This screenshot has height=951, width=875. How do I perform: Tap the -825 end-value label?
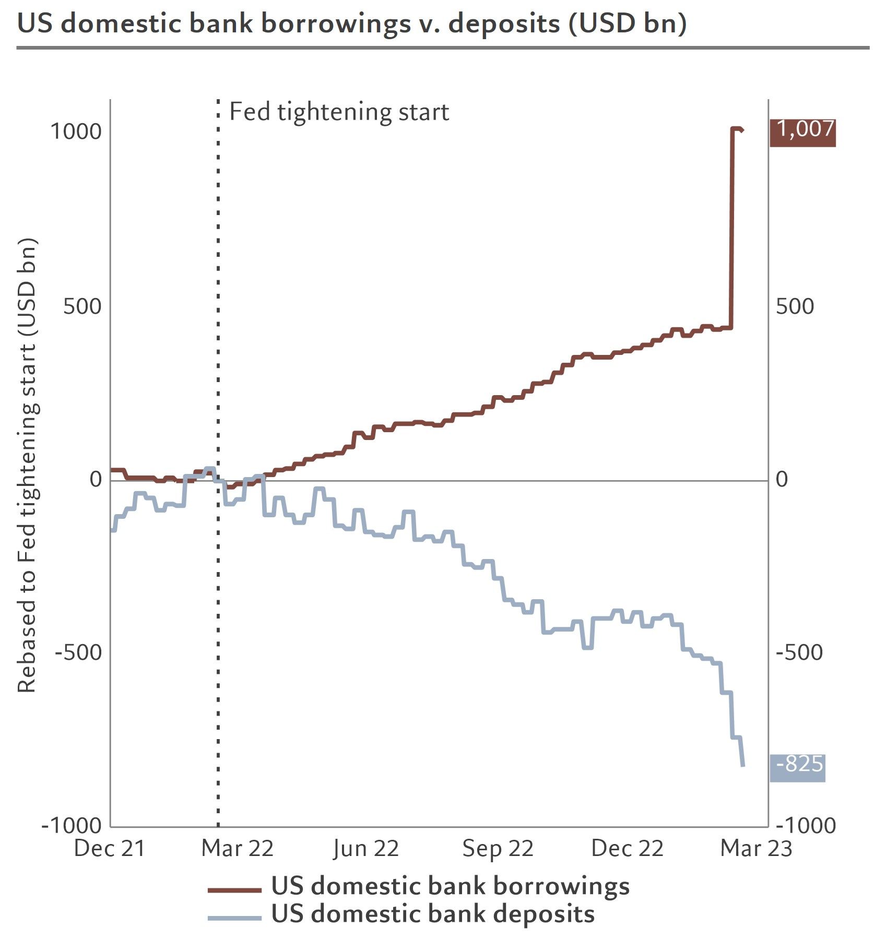797,765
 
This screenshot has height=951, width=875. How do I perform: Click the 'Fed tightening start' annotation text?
339,112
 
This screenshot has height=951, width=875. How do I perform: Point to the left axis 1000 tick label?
76,132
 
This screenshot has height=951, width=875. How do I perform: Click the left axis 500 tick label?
82,306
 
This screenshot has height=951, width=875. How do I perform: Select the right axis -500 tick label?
799,652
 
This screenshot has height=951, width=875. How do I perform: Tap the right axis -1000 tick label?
806,825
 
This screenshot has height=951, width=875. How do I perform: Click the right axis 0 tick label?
782,479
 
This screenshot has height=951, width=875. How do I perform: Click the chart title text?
351,23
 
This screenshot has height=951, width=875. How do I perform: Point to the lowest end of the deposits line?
743,765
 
